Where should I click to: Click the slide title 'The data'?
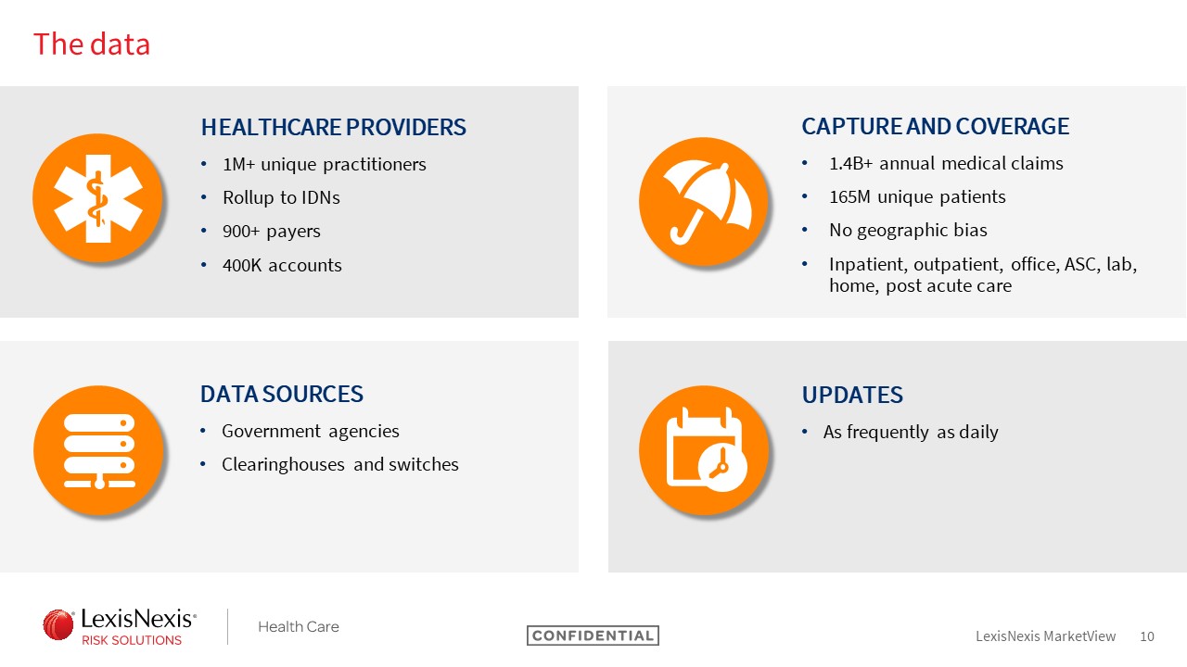point(92,44)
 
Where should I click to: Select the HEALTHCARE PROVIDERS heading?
point(333,127)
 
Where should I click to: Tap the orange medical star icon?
point(98,198)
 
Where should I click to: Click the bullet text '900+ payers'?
point(272,232)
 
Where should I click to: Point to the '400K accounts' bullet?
point(282,265)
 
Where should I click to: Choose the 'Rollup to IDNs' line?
point(281,197)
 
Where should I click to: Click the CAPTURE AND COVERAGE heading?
point(936,127)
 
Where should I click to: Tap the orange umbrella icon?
point(704,202)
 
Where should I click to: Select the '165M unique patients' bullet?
point(917,197)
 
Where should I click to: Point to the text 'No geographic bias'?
point(908,231)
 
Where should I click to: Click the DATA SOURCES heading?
point(282,395)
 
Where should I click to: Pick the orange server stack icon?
point(98,450)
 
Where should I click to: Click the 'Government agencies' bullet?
point(311,432)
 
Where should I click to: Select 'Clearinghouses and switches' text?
point(340,464)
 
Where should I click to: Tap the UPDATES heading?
point(852,395)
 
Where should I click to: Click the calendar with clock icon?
point(704,450)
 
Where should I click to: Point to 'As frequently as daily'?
point(911,432)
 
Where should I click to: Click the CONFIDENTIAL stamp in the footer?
point(593,636)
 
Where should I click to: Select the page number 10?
point(1147,636)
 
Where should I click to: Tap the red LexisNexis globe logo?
point(58,624)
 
